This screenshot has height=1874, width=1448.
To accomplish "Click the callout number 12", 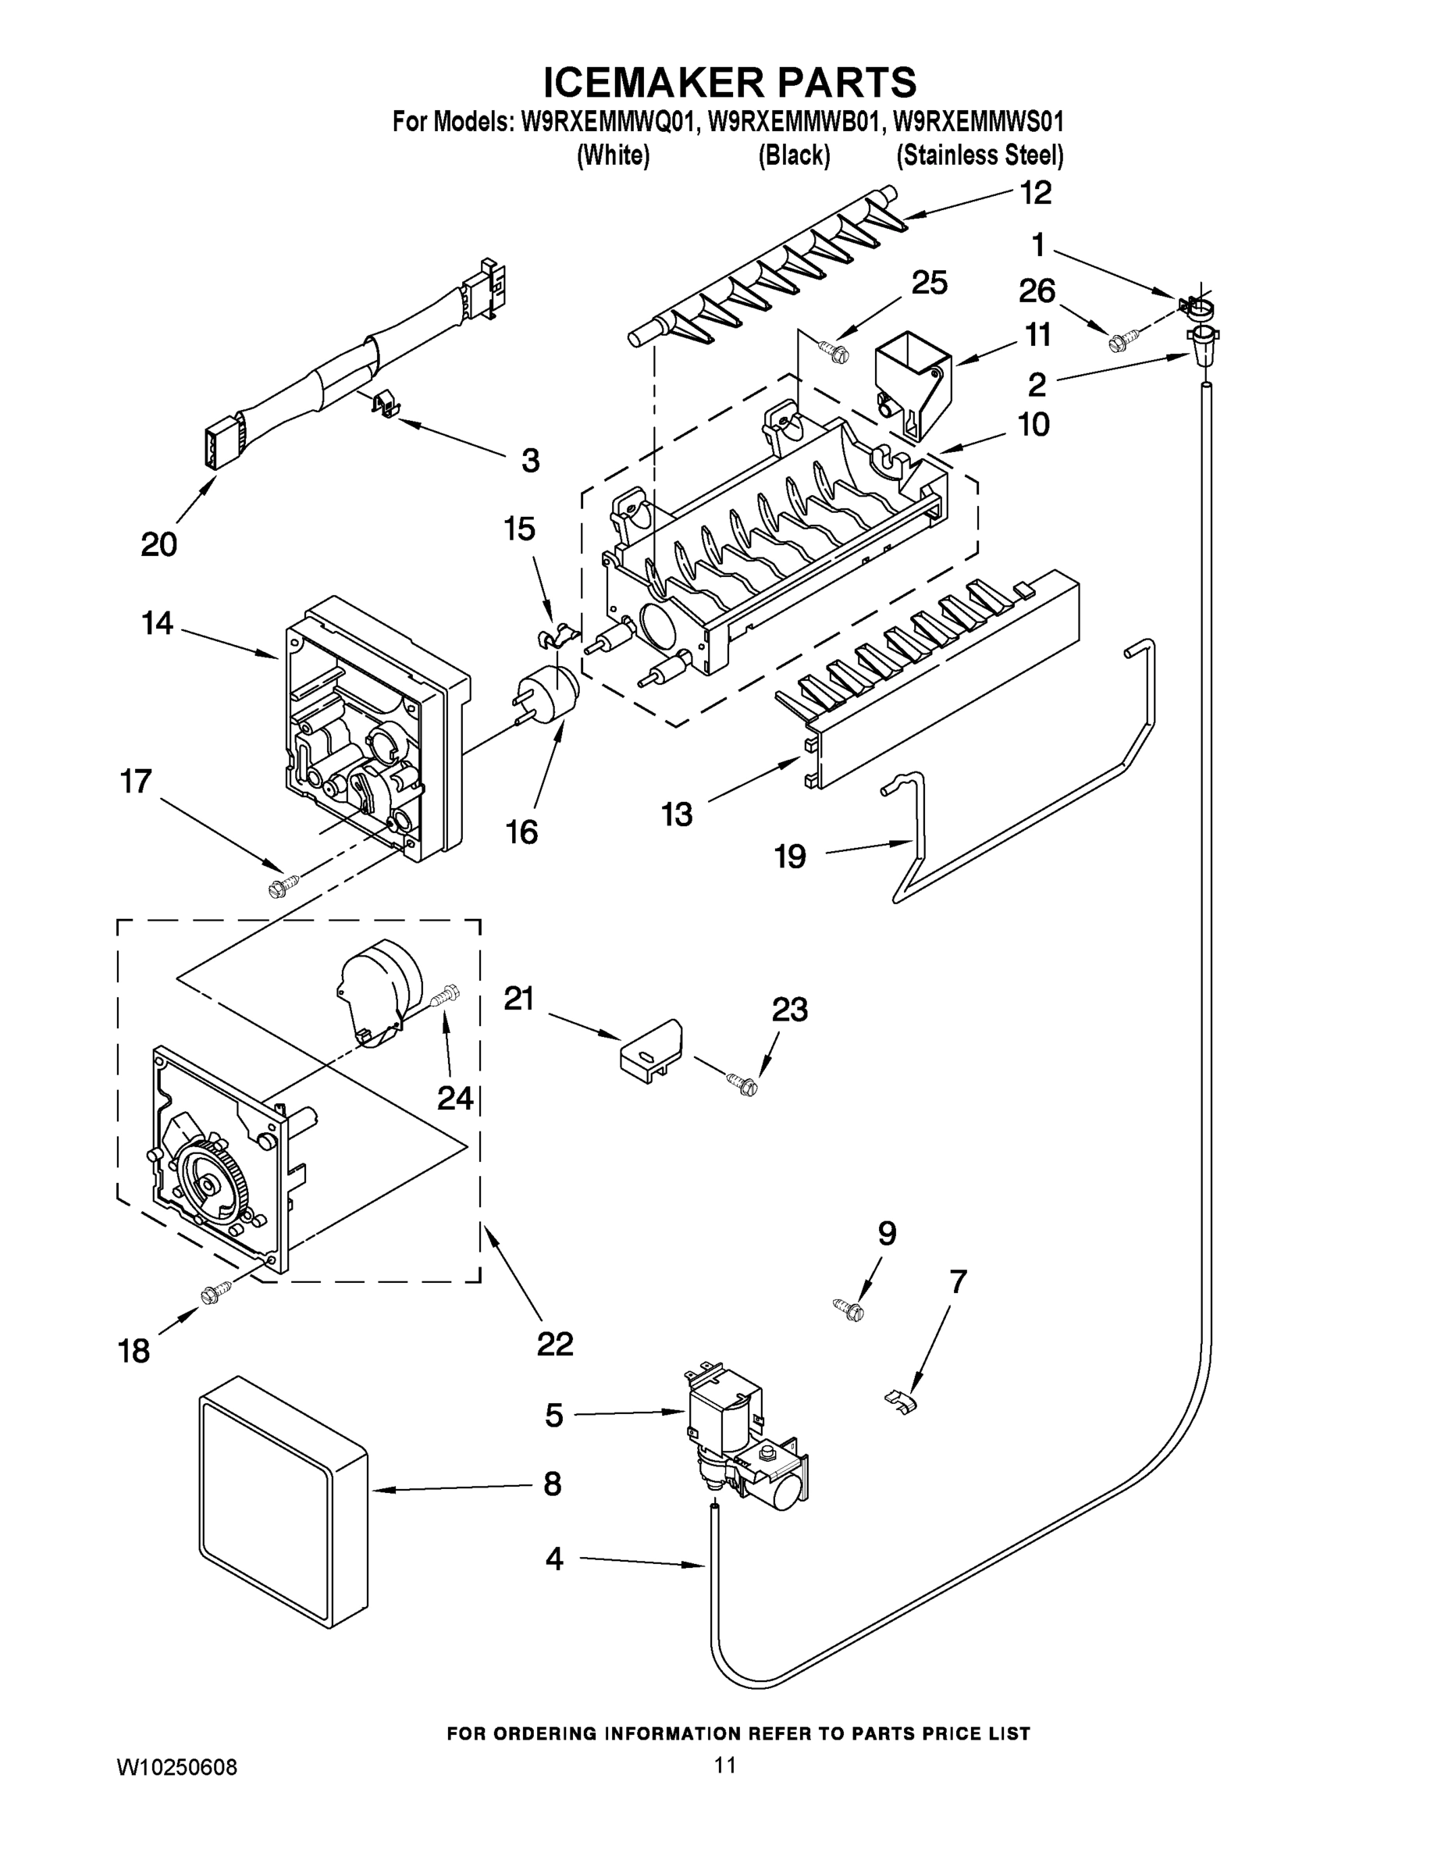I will coord(1035,192).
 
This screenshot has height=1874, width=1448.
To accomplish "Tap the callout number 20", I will coord(158,544).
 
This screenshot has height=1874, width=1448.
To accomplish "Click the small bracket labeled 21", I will coord(651,1049).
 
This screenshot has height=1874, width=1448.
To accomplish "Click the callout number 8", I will coord(552,1483).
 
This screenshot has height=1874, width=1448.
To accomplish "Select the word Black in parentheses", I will coord(794,155).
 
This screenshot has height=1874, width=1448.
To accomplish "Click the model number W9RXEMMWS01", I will coord(978,122).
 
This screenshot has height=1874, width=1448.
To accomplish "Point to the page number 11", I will coord(725,1765).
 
